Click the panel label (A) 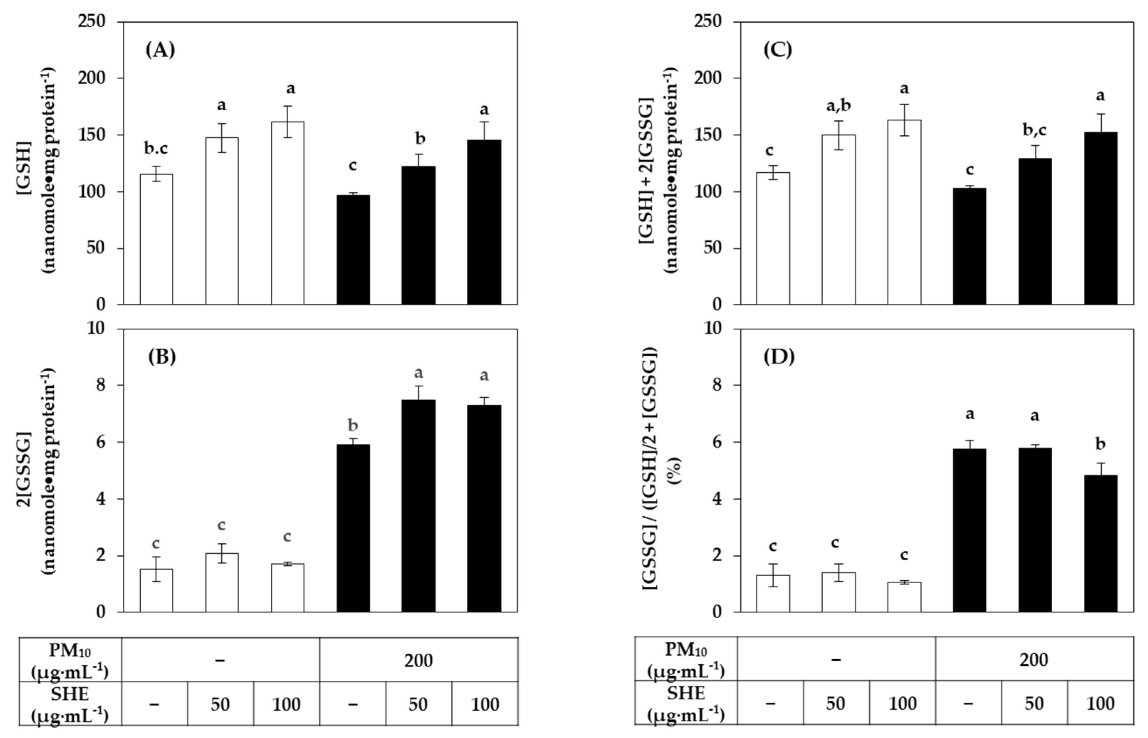[x=161, y=50]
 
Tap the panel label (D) [x=779, y=357]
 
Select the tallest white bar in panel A [x=288, y=213]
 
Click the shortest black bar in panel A [x=353, y=249]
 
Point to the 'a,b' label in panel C [x=838, y=105]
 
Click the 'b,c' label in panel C [x=1034, y=130]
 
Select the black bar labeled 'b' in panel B [x=353, y=527]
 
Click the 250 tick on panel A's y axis [x=98, y=22]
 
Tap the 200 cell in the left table [x=418, y=660]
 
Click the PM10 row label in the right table [x=686, y=659]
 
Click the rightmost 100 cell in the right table [x=1100, y=703]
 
